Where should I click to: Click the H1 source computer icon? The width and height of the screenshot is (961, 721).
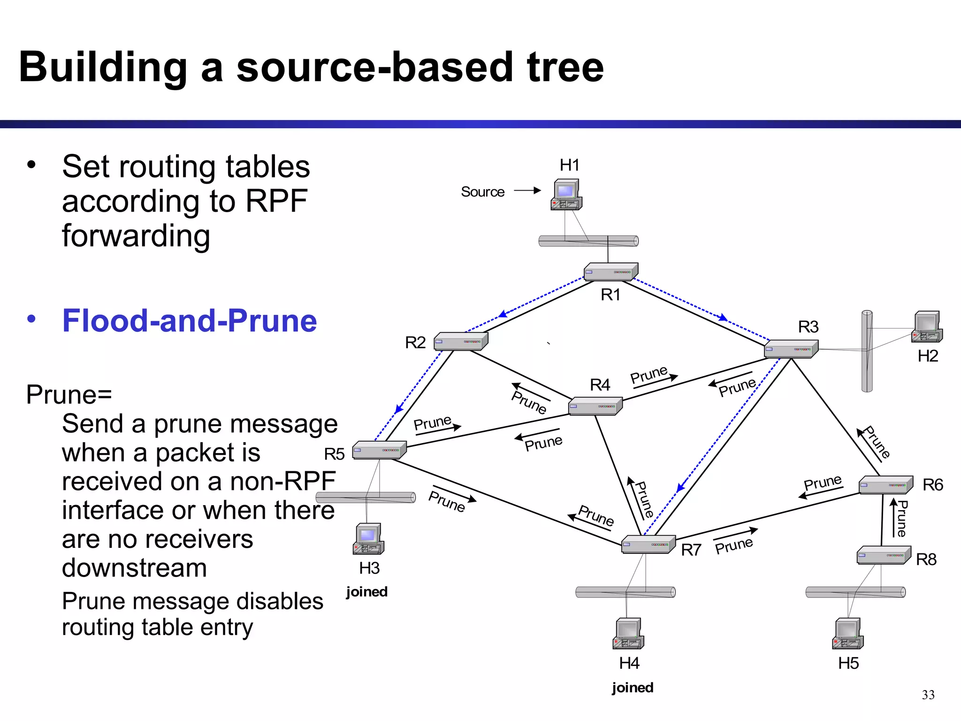[566, 194]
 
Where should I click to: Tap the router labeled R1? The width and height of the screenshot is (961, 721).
[610, 272]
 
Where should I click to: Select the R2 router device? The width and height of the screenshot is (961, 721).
[461, 341]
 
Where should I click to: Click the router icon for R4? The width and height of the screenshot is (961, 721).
[595, 406]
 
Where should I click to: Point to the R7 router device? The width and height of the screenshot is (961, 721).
[648, 545]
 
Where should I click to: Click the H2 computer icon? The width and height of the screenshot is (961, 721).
[927, 327]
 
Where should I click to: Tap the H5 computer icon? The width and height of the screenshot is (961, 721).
[847, 634]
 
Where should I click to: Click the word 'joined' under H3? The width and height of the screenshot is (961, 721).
[367, 591]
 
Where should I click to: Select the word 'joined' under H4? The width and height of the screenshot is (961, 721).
[633, 688]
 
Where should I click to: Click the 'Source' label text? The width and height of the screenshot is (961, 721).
[482, 192]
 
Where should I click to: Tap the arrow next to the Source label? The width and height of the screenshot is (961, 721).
[527, 191]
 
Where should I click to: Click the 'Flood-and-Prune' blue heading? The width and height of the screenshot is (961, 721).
[190, 321]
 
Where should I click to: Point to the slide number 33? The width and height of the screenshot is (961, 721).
[928, 695]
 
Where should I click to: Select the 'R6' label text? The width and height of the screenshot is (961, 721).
[932, 485]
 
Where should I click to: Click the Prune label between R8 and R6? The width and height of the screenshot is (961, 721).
[901, 518]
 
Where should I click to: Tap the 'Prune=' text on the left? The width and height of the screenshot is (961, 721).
[69, 394]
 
